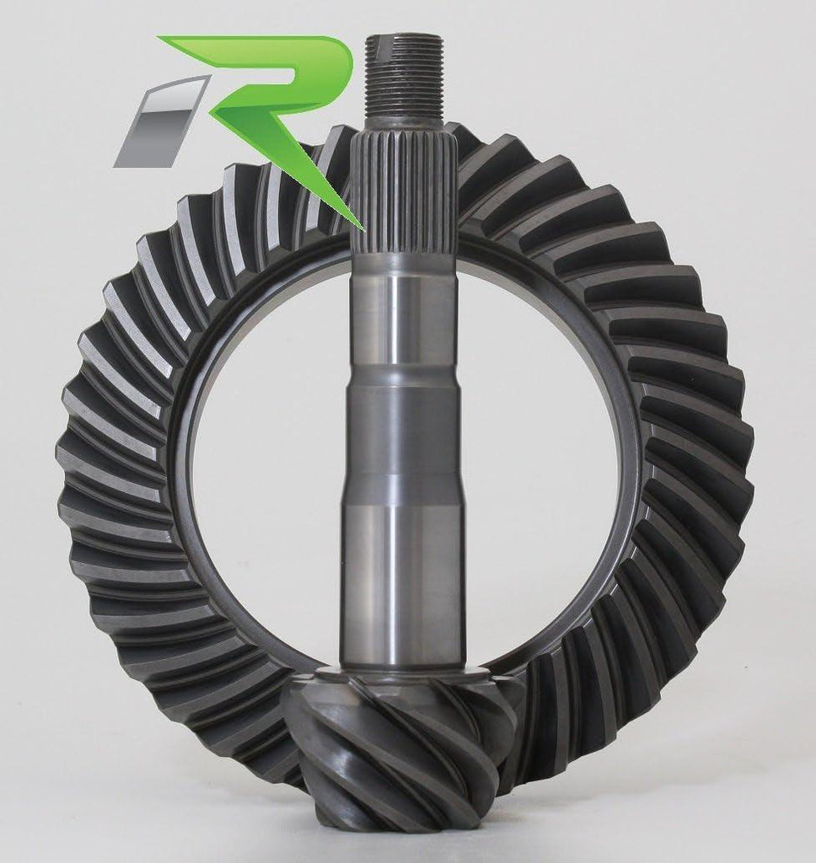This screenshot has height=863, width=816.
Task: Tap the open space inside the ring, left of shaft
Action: tap(261, 447)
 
